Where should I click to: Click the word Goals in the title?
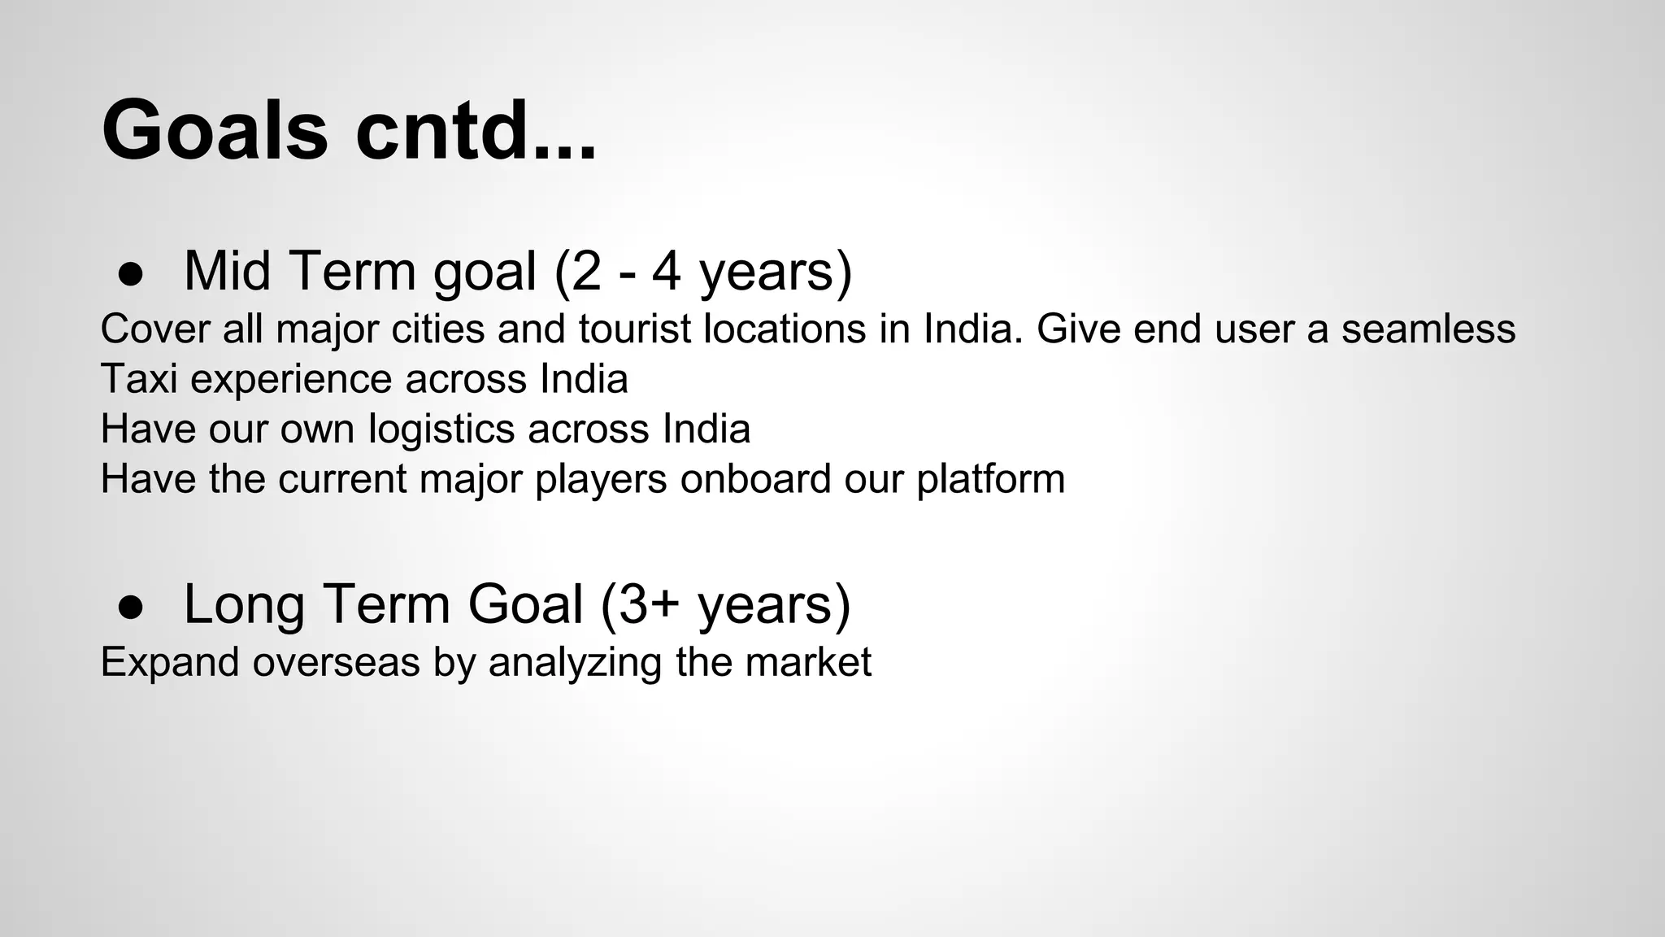215,130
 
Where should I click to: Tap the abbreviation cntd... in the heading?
476,130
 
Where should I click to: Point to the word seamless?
1428,329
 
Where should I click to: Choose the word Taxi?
139,379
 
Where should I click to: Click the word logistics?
441,429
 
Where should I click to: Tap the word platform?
991,480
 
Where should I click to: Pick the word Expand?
170,663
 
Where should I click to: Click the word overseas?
336,662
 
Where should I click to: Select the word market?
808,662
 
